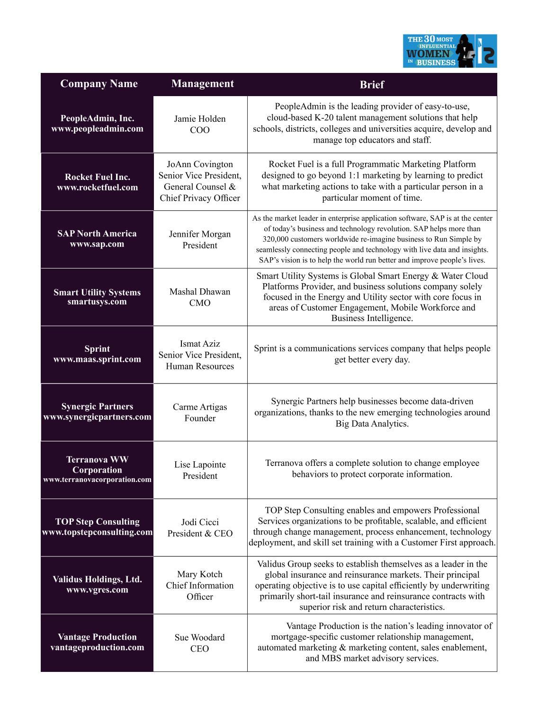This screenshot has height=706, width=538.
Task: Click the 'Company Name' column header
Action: [x=99, y=84]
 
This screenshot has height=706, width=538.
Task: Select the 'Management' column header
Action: [x=202, y=84]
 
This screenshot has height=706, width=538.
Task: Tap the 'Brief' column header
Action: [x=372, y=85]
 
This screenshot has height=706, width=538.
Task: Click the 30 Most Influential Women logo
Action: [x=449, y=51]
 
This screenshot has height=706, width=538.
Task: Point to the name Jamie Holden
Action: [x=199, y=119]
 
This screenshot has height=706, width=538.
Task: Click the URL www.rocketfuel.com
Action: [x=97, y=188]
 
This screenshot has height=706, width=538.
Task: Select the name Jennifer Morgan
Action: [x=200, y=234]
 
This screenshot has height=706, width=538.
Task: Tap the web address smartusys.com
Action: [x=97, y=302]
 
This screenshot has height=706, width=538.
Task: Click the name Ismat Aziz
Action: [x=200, y=344]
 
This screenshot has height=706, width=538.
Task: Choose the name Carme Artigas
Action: [x=200, y=407]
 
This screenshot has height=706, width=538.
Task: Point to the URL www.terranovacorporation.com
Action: [x=97, y=480]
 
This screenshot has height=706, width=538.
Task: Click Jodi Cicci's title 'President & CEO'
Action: [x=200, y=534]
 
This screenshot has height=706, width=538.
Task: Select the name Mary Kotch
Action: [x=200, y=574]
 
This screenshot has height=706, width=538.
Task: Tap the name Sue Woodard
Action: [x=199, y=638]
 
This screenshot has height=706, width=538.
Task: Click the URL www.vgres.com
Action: [x=97, y=590]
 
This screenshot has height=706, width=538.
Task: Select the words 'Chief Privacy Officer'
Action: [x=200, y=198]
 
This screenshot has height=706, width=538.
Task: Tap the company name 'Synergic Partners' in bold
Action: [x=97, y=407]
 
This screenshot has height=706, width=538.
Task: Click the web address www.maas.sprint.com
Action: [x=97, y=359]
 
